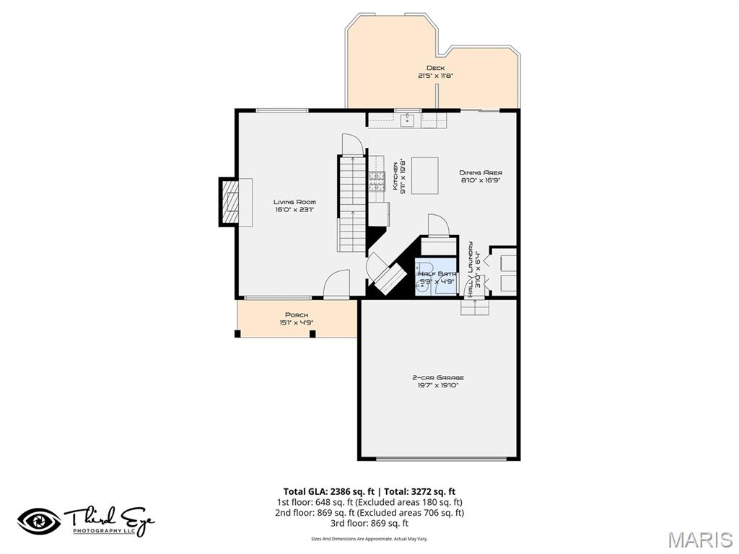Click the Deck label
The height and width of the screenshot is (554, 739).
pyautogui.click(x=435, y=68)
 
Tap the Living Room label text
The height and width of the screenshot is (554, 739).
pyautogui.click(x=294, y=202)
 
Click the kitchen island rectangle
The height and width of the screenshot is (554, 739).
pyautogui.click(x=424, y=176)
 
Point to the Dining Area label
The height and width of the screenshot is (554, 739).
pyautogui.click(x=481, y=172)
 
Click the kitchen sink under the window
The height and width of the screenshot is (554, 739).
pyautogui.click(x=407, y=120)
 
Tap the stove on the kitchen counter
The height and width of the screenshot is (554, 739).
pyautogui.click(x=377, y=180)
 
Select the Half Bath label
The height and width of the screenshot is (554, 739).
pyautogui.click(x=436, y=274)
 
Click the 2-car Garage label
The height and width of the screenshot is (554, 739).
pyautogui.click(x=438, y=377)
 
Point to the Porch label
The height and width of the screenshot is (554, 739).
pyautogui.click(x=297, y=315)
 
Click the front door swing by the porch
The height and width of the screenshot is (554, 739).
pyautogui.click(x=336, y=285)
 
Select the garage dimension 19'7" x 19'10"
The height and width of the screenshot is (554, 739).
pyautogui.click(x=438, y=386)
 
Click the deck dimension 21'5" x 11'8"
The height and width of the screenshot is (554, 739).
pyautogui.click(x=435, y=76)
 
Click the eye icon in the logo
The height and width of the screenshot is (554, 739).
pyautogui.click(x=39, y=521)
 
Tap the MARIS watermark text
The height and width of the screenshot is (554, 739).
pyautogui.click(x=700, y=540)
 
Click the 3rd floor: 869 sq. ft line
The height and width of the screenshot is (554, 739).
pyautogui.click(x=369, y=523)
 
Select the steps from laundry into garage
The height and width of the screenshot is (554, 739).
pyautogui.click(x=475, y=307)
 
